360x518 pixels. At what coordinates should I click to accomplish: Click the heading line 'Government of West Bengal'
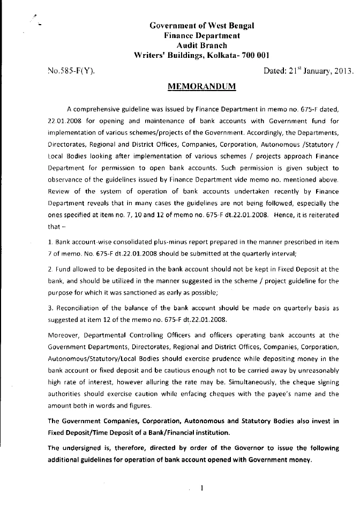click(x=201, y=25)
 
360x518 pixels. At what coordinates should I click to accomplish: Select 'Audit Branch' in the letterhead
click(x=201, y=45)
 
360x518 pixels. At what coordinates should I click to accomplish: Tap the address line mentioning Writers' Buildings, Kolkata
click(x=201, y=55)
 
